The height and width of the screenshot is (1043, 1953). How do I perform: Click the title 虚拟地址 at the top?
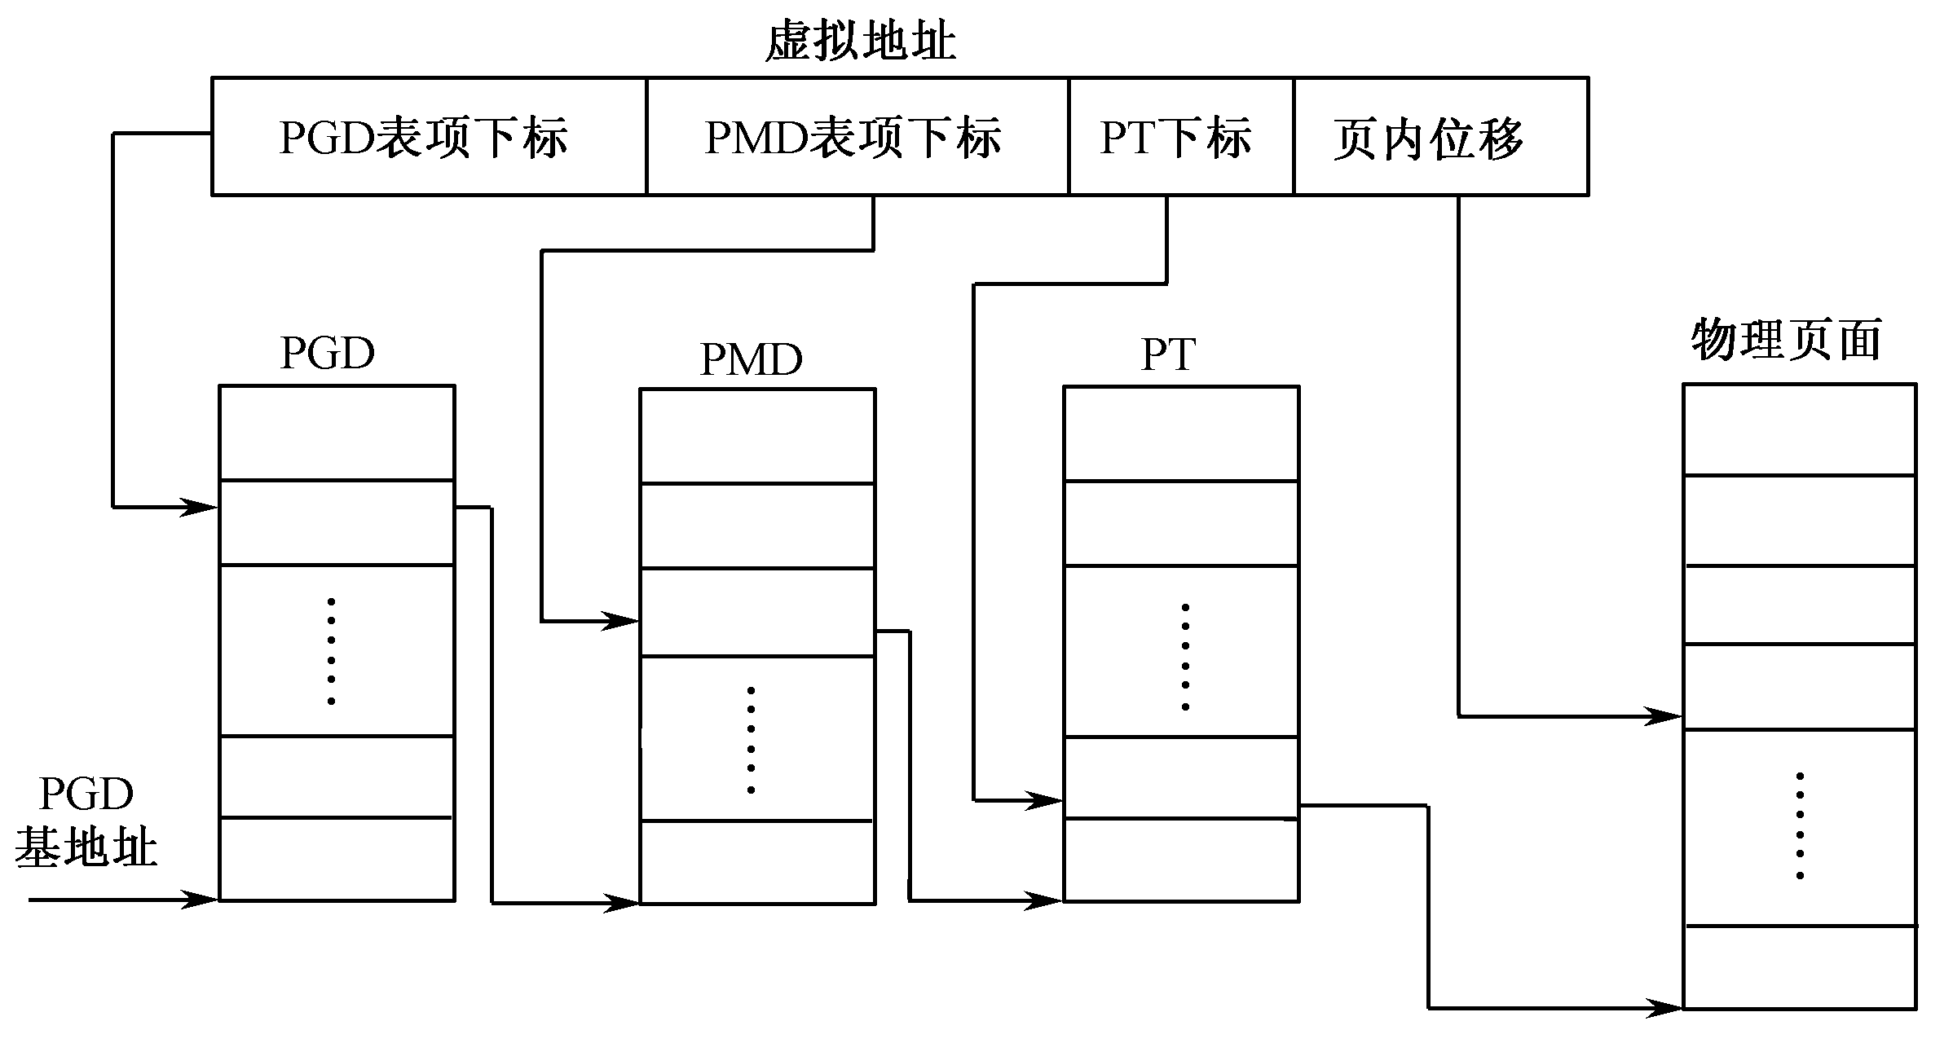pyautogui.click(x=860, y=41)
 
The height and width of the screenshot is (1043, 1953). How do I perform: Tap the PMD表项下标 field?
pyautogui.click(x=856, y=137)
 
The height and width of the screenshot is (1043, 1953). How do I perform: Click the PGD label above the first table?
pyautogui.click(x=328, y=353)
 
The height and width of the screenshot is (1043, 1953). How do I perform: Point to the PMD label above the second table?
pyautogui.click(x=751, y=359)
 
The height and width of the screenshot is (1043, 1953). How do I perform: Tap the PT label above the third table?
pyautogui.click(x=1168, y=354)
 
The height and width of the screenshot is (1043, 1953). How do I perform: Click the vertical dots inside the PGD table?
pyautogui.click(x=331, y=650)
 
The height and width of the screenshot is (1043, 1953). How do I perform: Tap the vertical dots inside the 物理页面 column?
pyautogui.click(x=1799, y=825)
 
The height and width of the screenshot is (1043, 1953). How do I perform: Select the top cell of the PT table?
pyautogui.click(x=1180, y=434)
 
